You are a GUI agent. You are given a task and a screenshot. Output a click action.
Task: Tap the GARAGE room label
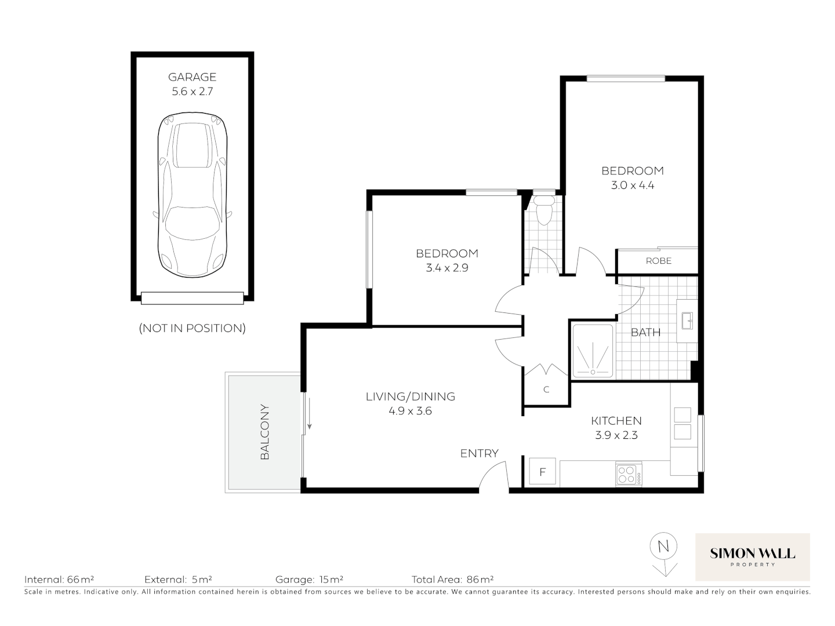pos(192,77)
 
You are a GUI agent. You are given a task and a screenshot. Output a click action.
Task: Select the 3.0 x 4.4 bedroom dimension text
pos(632,185)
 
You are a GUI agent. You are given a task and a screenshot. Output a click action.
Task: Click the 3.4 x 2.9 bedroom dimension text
pos(446,268)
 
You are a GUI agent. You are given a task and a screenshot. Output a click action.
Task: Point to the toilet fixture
pos(544,209)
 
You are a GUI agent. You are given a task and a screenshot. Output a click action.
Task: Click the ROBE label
pos(658,261)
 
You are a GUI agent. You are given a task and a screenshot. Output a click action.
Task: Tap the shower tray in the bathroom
pos(592,351)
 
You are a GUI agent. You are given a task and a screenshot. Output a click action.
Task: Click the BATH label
pos(645,332)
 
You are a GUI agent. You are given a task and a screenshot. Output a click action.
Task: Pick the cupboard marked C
pos(546,390)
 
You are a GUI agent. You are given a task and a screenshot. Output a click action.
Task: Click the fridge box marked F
pos(543,472)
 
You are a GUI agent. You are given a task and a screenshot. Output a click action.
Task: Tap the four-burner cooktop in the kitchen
pos(629,475)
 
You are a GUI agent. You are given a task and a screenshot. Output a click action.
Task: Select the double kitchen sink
pos(682,423)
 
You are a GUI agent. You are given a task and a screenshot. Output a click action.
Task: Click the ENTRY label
pos(479,453)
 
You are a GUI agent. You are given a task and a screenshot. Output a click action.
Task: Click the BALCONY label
pos(265,432)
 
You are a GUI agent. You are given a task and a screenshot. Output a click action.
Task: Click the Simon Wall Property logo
pos(752,556)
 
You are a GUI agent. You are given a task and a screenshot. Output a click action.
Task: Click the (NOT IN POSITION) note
pos(192,328)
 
